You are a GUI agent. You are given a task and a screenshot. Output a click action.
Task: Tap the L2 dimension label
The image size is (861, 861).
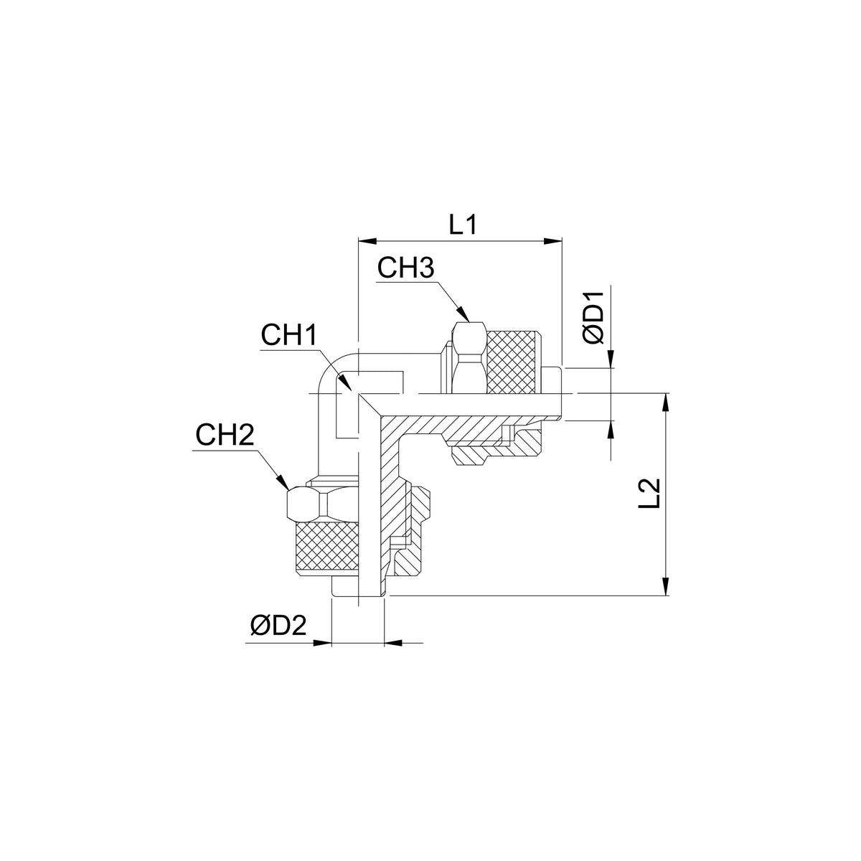(x=649, y=493)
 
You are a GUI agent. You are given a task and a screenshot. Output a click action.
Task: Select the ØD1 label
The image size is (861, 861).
(x=594, y=318)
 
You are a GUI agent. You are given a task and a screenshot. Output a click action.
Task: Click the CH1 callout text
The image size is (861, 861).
(x=289, y=336)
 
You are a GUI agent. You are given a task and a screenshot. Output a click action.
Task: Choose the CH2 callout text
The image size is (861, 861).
(x=225, y=436)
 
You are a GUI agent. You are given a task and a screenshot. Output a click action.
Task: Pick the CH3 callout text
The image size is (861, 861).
(x=405, y=268)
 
